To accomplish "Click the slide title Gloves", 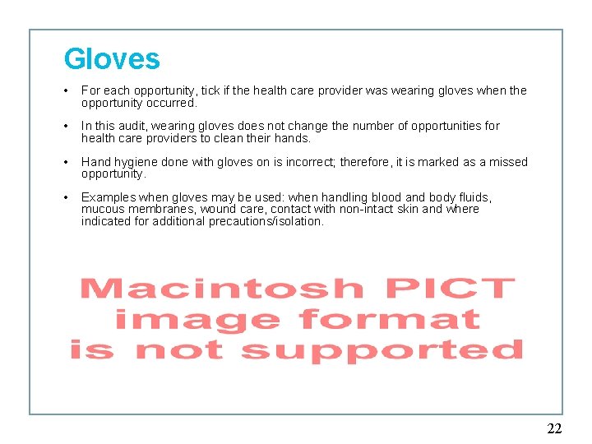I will [x=112, y=59].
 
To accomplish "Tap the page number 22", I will [x=554, y=428].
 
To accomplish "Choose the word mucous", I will [x=103, y=210].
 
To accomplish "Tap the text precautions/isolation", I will [x=262, y=222].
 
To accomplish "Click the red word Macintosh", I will [x=221, y=289].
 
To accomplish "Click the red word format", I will [x=389, y=319].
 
